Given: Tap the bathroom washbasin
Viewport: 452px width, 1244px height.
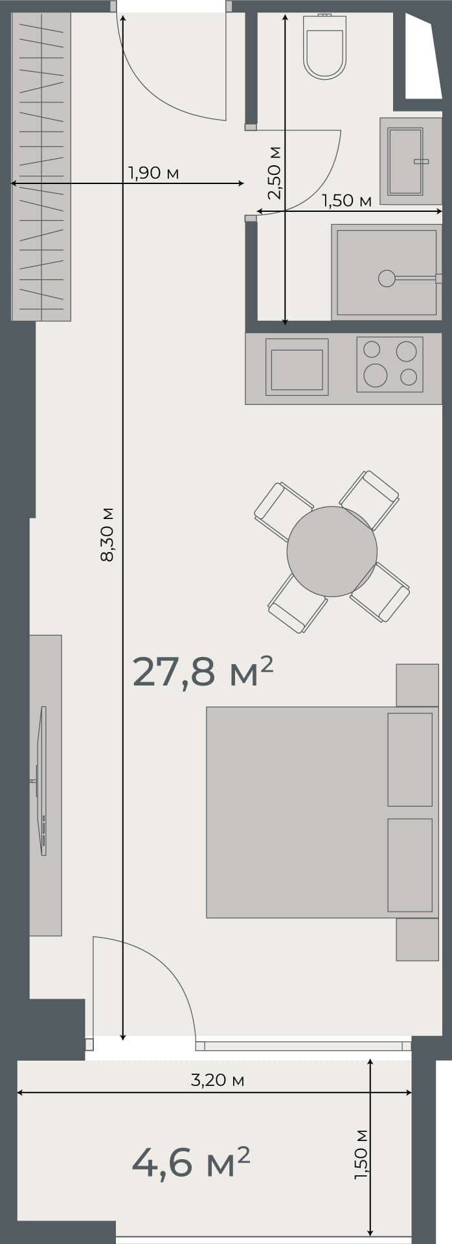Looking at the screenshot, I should (x=405, y=161).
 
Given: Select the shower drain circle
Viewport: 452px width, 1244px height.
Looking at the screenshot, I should (x=387, y=278).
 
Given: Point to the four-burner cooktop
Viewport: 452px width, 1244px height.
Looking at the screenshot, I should (x=389, y=363).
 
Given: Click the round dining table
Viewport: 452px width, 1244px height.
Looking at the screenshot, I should (x=332, y=551).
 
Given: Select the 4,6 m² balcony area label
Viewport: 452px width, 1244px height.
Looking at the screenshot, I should (x=190, y=1162).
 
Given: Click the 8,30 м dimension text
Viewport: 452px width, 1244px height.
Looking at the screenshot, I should (x=107, y=534).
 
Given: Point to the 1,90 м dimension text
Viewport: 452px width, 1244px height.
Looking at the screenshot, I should (x=153, y=173).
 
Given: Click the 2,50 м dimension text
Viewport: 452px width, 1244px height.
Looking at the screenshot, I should (x=275, y=172).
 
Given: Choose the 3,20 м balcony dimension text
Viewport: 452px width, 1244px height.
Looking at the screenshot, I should (x=217, y=1080).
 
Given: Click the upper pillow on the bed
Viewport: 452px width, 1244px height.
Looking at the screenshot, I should (x=410, y=759).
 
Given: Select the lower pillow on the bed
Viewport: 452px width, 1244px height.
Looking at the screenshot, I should (x=410, y=865).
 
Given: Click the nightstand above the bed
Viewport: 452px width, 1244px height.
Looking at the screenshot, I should (x=417, y=685).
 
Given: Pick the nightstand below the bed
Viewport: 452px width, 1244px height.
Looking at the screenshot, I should (x=417, y=939).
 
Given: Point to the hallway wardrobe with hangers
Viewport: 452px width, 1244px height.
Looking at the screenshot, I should (x=41, y=166).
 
